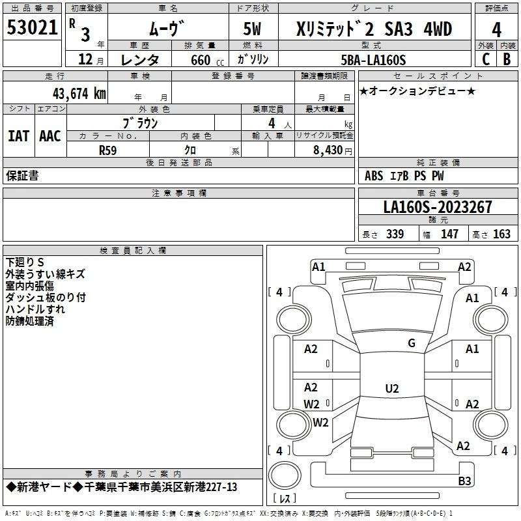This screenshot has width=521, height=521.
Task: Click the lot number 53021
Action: tap(32, 27)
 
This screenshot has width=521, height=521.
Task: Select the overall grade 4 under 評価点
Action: tap(496, 30)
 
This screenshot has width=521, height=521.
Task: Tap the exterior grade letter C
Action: tap(486, 59)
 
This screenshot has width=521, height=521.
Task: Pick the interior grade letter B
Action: tap(507, 59)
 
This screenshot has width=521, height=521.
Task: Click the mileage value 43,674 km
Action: tap(79, 94)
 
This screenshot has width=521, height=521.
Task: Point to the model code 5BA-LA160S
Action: tap(373, 60)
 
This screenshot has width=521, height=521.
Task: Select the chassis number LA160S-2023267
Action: tap(438, 207)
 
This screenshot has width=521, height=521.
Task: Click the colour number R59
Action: tap(107, 150)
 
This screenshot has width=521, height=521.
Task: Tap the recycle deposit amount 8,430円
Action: tap(333, 150)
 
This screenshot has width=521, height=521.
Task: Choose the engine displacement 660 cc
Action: tap(207, 60)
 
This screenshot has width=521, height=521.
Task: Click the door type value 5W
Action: tap(252, 29)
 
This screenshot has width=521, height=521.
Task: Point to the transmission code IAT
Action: tap(18, 136)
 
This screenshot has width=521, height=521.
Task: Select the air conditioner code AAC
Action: tap(50, 136)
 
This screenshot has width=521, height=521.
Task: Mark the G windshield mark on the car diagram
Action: tap(412, 343)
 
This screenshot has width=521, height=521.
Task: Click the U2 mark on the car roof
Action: tap(392, 388)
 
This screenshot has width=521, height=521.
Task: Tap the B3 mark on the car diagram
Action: tap(464, 481)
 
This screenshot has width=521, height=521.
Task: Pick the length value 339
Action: tap(395, 234)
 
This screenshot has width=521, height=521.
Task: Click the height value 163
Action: tap(501, 234)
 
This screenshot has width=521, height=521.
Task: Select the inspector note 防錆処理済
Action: tap(29, 321)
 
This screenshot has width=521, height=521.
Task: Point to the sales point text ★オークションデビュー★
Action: tap(417, 91)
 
